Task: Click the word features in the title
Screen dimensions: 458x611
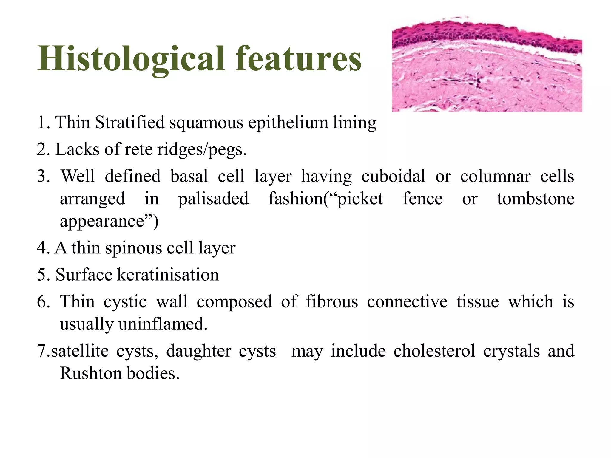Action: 298,59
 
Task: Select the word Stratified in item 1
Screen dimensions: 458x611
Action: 130,122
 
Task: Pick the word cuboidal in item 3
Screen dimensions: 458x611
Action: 393,176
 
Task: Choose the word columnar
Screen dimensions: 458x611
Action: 495,176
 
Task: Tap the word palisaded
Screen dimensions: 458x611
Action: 213,199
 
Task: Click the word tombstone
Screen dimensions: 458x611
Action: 536,199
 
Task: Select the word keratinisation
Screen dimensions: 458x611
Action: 168,275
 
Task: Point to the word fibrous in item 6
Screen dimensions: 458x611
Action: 332,301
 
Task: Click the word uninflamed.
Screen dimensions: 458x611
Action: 163,324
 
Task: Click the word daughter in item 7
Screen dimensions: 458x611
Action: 199,351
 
